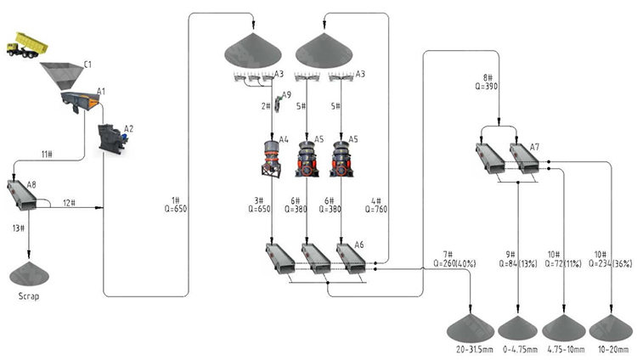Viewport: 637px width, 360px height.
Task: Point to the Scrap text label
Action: (x=29, y=297)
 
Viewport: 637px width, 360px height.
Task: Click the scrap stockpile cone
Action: (x=29, y=273)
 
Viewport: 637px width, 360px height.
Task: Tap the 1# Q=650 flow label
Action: (x=179, y=205)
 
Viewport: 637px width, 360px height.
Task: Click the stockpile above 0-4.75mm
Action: (x=518, y=327)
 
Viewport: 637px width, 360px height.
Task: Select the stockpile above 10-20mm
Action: (x=611, y=327)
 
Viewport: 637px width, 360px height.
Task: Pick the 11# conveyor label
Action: (x=48, y=153)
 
